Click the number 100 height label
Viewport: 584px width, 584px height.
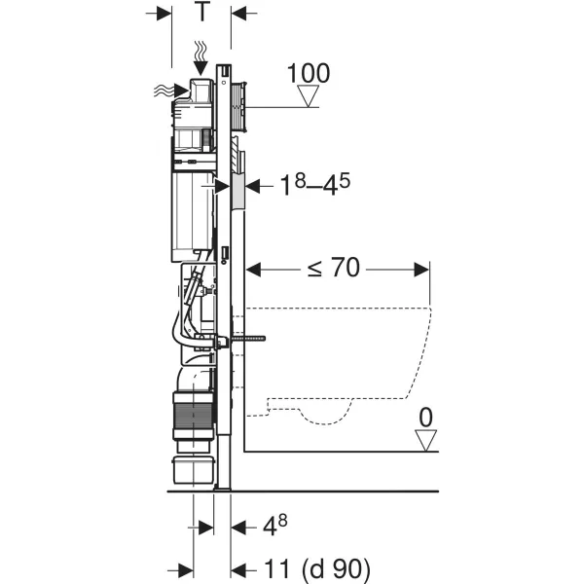click(309, 73)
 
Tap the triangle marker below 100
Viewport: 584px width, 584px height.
click(309, 96)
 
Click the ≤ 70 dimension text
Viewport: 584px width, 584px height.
click(334, 267)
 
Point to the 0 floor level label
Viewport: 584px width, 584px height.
click(425, 418)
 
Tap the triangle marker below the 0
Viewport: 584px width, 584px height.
click(425, 441)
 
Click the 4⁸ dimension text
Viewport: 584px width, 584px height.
click(274, 526)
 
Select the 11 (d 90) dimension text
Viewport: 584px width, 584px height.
click(317, 569)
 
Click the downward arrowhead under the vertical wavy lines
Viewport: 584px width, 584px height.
click(201, 68)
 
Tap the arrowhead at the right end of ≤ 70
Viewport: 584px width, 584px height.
click(421, 270)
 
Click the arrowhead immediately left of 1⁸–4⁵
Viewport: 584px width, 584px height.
click(252, 186)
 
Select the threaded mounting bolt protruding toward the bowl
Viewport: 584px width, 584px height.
click(247, 339)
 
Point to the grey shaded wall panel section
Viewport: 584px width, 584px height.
click(237, 192)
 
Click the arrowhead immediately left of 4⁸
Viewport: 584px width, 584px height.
click(238, 528)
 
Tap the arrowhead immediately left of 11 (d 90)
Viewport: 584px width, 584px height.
click(238, 570)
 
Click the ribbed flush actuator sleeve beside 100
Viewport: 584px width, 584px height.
click(238, 107)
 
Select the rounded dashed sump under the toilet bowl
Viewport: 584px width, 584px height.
click(325, 413)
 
